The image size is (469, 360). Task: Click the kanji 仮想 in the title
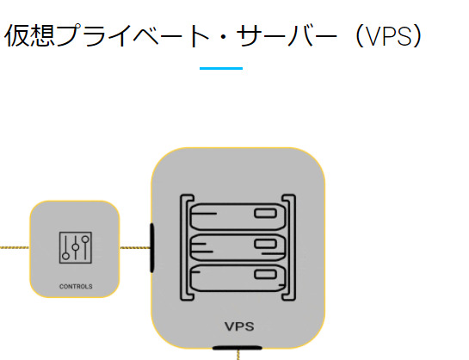point(29,35)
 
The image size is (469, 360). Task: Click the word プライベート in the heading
point(133,35)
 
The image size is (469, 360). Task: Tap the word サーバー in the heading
point(287,35)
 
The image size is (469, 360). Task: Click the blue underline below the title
point(221,69)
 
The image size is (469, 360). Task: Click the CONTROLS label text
point(76,287)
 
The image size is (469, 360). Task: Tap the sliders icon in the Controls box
point(76,247)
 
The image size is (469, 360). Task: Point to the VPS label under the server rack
point(239,326)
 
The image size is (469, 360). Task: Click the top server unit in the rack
point(238,217)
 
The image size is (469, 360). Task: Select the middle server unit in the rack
point(238,247)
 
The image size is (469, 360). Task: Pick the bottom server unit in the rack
point(238,278)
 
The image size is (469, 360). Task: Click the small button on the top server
point(265,214)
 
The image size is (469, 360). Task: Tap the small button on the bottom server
point(265,274)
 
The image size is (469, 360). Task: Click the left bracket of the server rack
point(182,247)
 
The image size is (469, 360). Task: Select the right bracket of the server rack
point(293,247)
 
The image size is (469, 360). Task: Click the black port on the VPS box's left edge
point(152,248)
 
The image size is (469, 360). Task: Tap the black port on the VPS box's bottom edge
point(238,348)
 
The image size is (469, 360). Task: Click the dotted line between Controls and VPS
point(135,248)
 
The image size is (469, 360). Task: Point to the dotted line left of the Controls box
point(15,247)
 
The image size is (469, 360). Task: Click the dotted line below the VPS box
point(238,355)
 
